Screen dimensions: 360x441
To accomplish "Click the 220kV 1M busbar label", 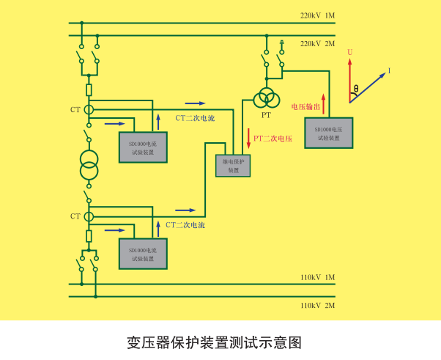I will (317, 15).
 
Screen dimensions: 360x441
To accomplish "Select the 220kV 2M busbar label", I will (317, 43).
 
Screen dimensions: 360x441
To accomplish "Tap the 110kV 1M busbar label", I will (317, 277).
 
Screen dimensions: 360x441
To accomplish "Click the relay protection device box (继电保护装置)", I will (233, 166).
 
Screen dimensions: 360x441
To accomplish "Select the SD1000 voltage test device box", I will (328, 132).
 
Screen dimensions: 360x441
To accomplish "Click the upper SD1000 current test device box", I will (143, 148).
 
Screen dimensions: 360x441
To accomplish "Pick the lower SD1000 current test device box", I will (143, 254).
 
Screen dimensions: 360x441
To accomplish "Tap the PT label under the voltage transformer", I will (266, 115).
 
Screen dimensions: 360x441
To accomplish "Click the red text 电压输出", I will (305, 106).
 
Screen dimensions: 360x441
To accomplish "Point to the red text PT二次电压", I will (273, 138).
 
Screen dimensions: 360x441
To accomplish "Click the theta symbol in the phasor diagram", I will (356, 89).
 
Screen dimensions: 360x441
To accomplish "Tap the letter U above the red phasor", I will (350, 53).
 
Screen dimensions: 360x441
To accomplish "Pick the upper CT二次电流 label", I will (195, 117).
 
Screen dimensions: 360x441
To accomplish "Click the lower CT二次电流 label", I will (185, 224).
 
